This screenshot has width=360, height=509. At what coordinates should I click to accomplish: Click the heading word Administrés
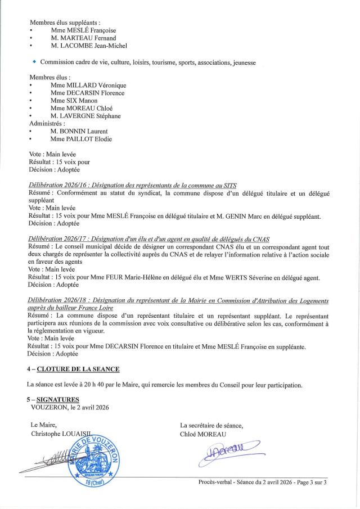(x=47, y=124)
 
